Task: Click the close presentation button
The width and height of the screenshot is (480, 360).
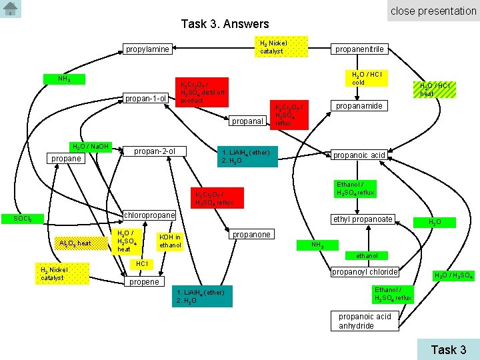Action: click(x=433, y=11)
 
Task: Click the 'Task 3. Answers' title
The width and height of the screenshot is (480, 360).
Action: click(x=225, y=24)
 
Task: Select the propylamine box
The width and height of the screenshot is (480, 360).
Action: click(x=147, y=49)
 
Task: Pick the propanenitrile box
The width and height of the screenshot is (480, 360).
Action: click(x=359, y=49)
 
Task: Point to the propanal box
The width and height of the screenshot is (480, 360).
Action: click(x=248, y=121)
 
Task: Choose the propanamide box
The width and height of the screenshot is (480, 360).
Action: click(x=359, y=106)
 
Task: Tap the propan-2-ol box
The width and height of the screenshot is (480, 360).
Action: click(x=155, y=151)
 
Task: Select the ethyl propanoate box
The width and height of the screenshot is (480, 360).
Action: click(x=363, y=219)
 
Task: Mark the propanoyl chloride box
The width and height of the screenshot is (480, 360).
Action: click(x=365, y=271)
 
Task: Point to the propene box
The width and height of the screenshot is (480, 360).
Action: click(x=143, y=281)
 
